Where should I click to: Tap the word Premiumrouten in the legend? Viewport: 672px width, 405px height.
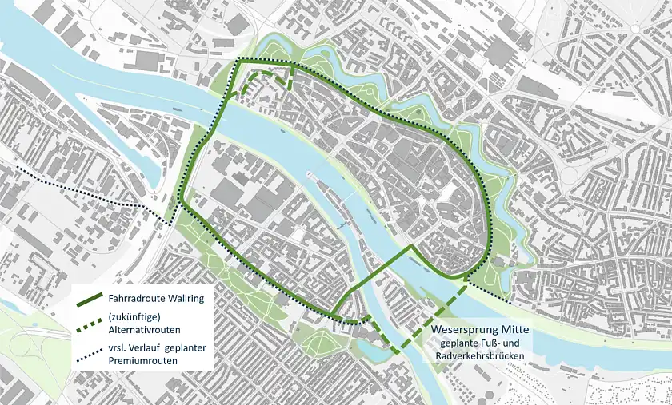[x=143, y=361]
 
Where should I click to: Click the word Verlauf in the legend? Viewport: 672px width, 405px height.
[x=147, y=348]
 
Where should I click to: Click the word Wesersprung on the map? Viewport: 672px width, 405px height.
[x=463, y=329]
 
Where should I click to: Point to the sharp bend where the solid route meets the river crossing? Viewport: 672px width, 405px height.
[x=412, y=247]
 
